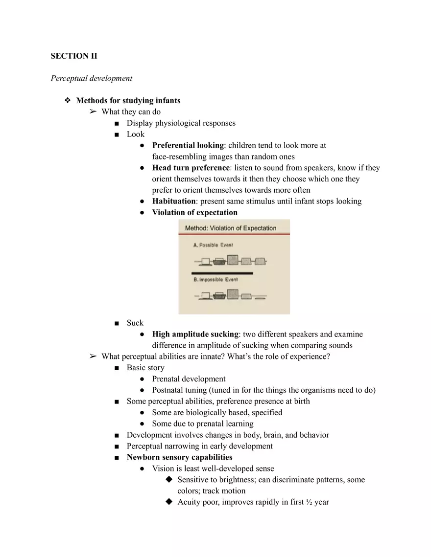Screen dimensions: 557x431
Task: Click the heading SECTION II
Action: (x=74, y=56)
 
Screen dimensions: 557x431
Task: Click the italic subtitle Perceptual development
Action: (x=92, y=78)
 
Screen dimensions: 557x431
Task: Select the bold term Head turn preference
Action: (x=191, y=168)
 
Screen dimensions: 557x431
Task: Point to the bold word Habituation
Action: (x=173, y=201)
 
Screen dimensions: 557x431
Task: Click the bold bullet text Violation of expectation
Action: (x=194, y=212)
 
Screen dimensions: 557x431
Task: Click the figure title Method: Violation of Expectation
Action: (x=230, y=228)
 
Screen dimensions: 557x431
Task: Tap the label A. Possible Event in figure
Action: (x=213, y=245)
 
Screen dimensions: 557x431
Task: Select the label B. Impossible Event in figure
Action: (x=215, y=279)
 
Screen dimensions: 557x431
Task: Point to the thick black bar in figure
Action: (x=222, y=273)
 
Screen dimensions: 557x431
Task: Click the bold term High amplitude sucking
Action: (x=195, y=334)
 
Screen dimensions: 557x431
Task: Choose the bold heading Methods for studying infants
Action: (x=128, y=101)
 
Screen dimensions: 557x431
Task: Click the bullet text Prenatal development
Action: (x=189, y=379)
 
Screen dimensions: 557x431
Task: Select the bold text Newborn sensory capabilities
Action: (x=179, y=457)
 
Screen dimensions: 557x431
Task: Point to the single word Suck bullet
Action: (x=135, y=323)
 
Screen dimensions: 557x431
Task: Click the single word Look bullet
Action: (x=136, y=134)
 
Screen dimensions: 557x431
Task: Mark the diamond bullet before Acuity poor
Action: (x=169, y=502)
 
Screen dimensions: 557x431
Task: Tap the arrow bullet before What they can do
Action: (x=93, y=112)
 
